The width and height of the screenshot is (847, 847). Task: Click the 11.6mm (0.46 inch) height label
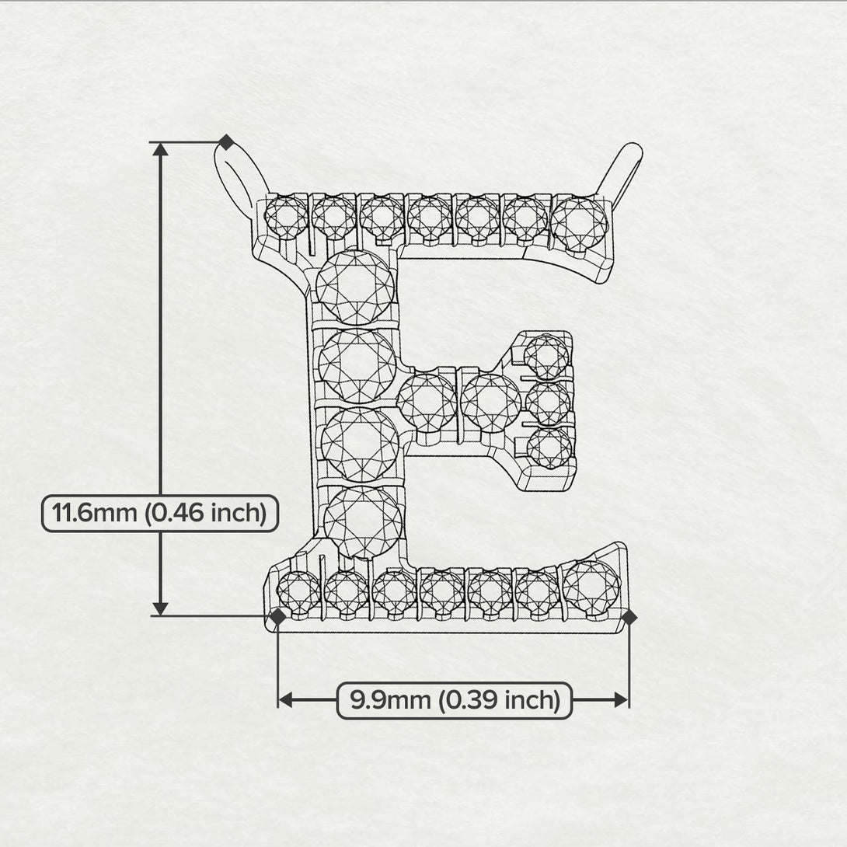(x=159, y=514)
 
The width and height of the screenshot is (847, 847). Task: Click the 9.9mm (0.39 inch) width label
(x=455, y=700)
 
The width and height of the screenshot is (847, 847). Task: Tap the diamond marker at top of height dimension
(x=225, y=142)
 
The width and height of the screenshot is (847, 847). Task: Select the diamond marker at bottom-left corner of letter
(x=277, y=617)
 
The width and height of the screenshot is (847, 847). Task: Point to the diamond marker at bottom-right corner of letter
(x=629, y=617)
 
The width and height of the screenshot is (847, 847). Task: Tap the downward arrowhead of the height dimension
(x=161, y=608)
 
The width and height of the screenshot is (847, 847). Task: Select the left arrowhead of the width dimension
(x=285, y=700)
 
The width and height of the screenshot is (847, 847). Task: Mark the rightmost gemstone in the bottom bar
(x=591, y=587)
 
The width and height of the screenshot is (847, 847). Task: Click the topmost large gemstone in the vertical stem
(x=355, y=285)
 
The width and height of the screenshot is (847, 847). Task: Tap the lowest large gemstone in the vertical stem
(x=363, y=522)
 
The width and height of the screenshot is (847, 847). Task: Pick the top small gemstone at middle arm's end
(x=547, y=357)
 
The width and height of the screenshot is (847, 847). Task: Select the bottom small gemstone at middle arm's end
(x=549, y=449)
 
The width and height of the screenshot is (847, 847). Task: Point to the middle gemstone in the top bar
(x=429, y=218)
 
